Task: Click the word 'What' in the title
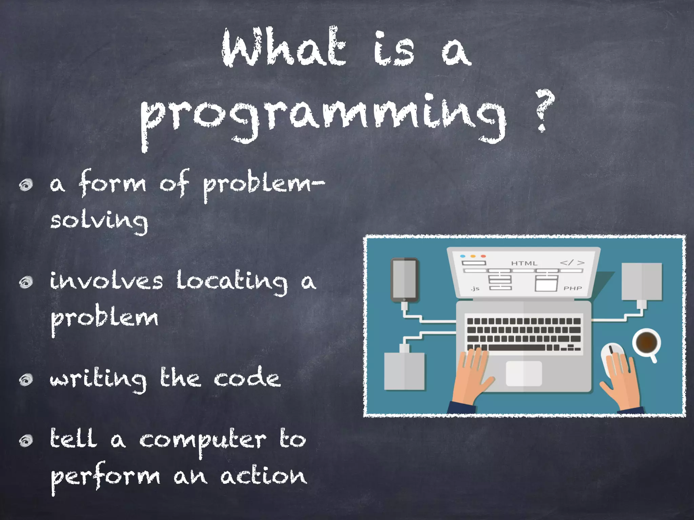[x=284, y=47]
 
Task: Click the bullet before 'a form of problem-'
[x=26, y=185]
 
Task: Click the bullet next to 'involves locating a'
[x=26, y=282]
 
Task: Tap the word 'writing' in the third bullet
[x=98, y=379]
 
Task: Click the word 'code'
[x=247, y=377]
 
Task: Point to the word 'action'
[x=264, y=476]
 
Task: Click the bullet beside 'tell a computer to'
[x=26, y=440]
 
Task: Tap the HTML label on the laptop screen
[x=524, y=263]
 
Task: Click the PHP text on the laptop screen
[x=572, y=288]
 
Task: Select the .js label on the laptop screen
[x=475, y=288]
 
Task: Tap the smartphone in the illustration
[x=404, y=280]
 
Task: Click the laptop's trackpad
[x=524, y=373]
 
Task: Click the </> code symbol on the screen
[x=572, y=263]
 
